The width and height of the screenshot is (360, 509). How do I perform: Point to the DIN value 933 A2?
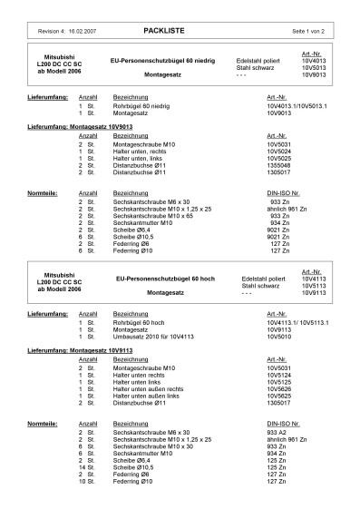(277, 433)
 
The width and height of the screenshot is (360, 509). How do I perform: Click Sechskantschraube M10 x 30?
(151, 446)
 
